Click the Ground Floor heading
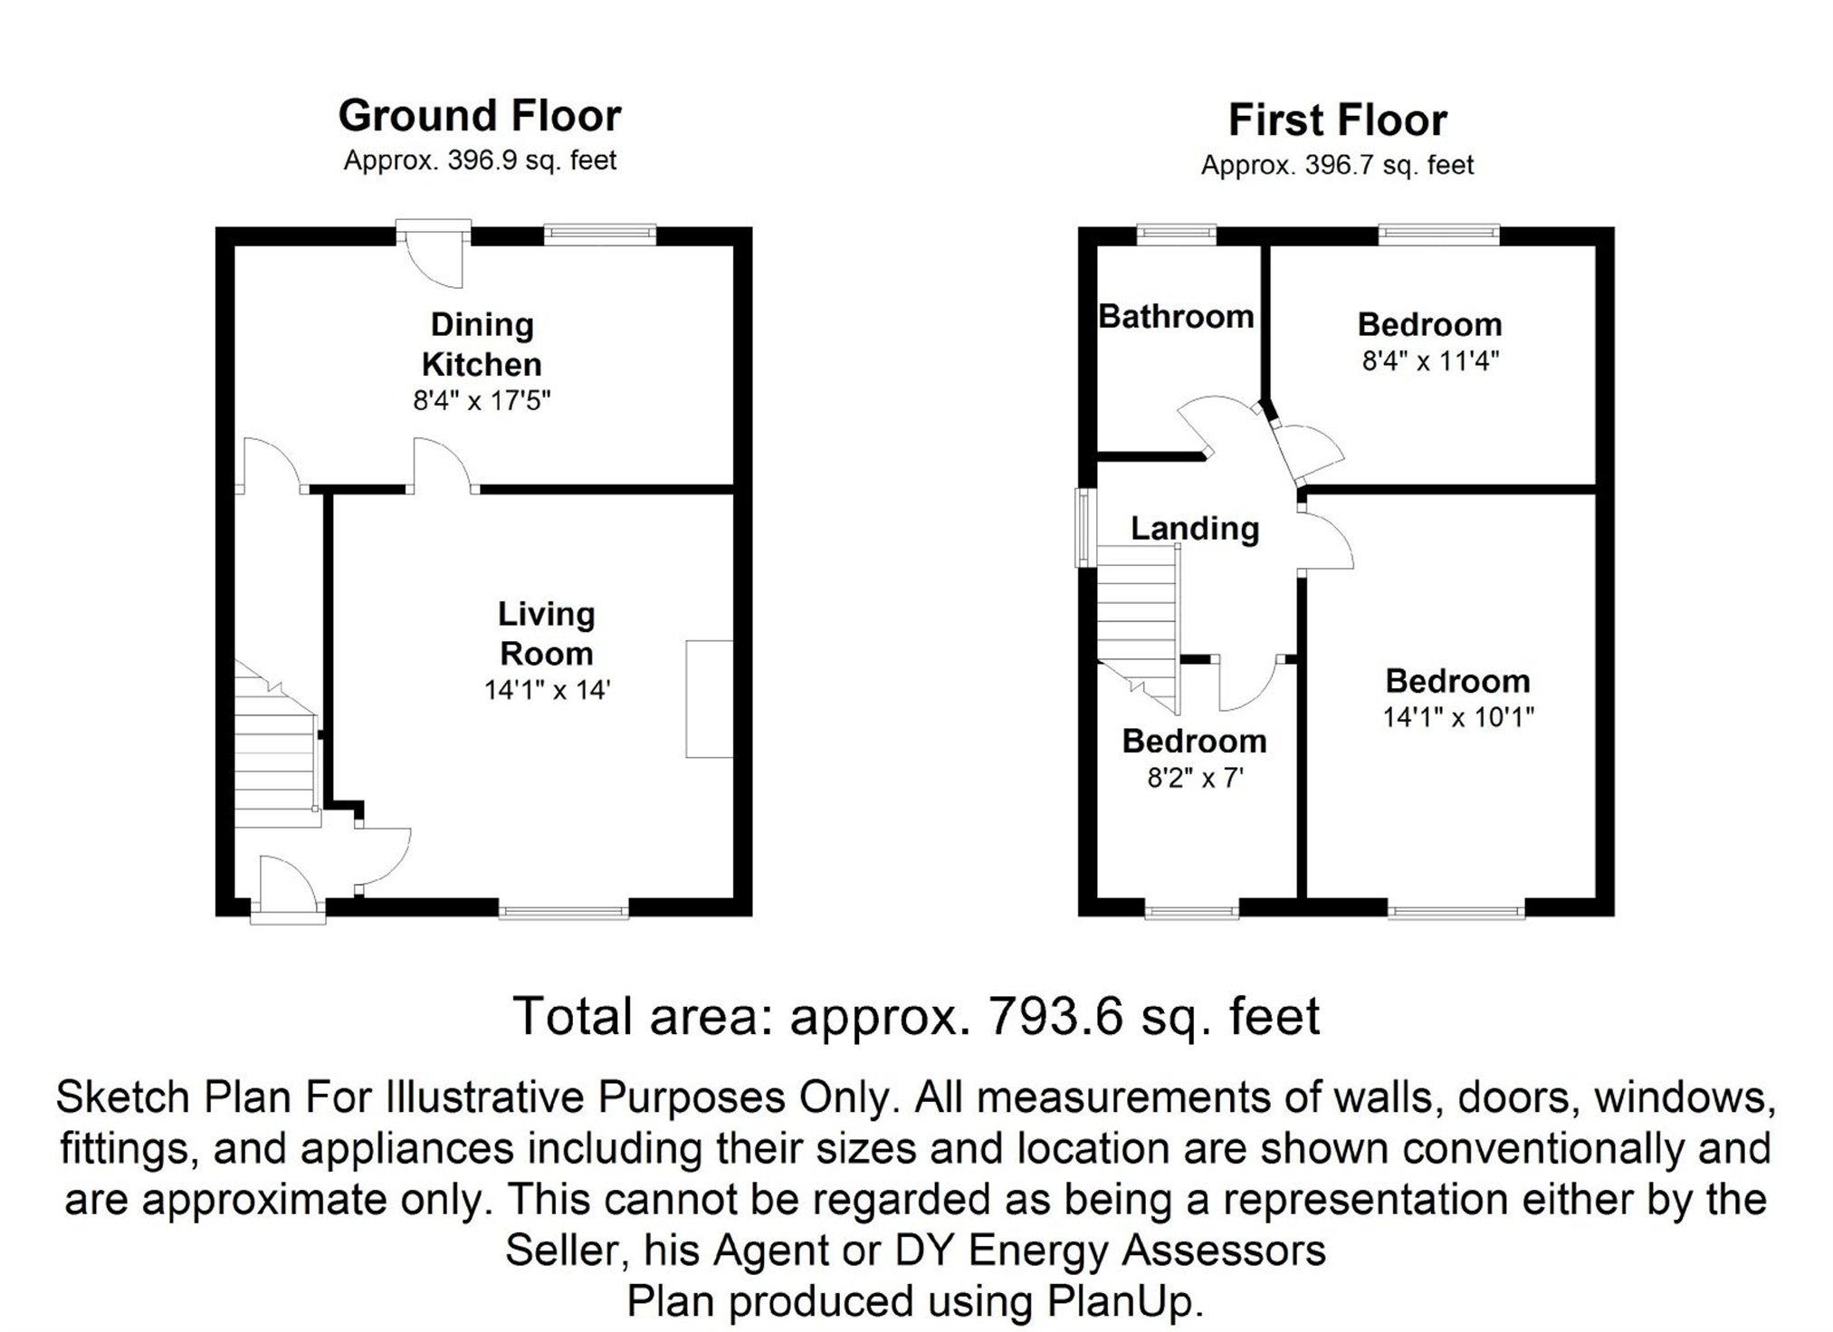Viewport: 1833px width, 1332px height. coord(480,116)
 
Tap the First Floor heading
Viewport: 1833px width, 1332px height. coord(1337,120)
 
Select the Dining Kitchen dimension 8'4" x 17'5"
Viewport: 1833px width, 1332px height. coord(482,400)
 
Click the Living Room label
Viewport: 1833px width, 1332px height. coord(546,633)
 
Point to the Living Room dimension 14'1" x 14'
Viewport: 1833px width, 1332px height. coord(547,690)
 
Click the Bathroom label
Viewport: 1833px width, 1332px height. coord(1176,316)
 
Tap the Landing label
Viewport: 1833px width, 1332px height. coord(1195,528)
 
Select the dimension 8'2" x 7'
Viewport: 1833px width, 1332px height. coord(1195,778)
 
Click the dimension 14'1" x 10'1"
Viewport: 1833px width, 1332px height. coord(1457,717)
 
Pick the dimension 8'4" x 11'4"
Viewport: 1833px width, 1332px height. coord(1430,361)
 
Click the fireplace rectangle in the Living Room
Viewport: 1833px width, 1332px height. coord(709,698)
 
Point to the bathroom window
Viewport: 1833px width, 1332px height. coord(1176,235)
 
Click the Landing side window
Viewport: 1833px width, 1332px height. coord(1084,528)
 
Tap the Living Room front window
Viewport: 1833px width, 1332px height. coord(563,909)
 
